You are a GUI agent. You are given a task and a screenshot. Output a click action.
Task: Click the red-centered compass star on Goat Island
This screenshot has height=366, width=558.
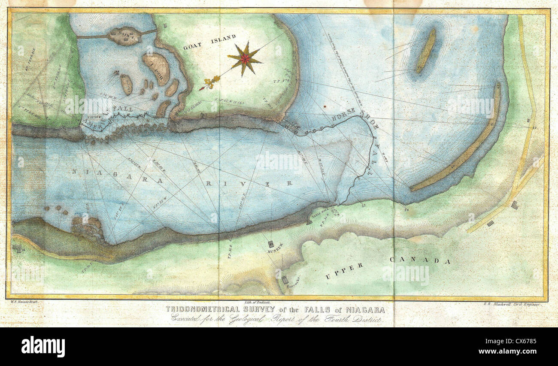click(245, 59)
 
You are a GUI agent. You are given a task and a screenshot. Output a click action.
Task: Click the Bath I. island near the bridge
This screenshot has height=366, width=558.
click(124, 36)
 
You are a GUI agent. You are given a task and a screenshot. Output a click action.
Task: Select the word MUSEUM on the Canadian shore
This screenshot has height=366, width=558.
click(275, 247)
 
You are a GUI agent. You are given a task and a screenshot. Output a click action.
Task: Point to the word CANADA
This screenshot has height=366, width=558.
click(420, 260)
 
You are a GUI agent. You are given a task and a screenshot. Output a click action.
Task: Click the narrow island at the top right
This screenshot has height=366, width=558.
click(425, 51)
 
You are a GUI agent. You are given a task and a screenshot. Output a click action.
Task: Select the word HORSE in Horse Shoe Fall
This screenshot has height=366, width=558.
click(343, 115)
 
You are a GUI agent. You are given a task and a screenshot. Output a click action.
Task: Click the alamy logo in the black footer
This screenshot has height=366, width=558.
click(43, 346)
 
